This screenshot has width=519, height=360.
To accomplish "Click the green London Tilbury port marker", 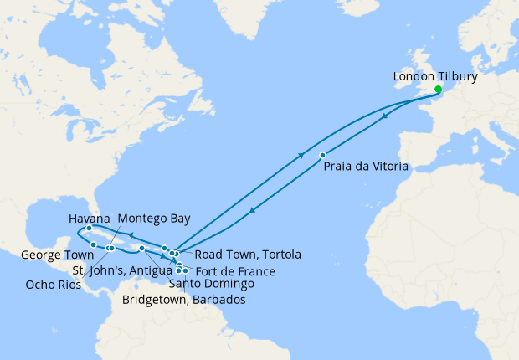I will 438,89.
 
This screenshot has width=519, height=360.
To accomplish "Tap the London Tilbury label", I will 435,77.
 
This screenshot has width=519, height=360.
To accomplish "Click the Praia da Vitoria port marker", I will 322,155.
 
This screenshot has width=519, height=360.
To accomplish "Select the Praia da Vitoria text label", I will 366,167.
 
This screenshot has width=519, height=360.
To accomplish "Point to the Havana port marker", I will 89,229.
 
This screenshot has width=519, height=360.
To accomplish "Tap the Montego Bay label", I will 154,218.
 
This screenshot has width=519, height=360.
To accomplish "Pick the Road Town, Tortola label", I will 241,255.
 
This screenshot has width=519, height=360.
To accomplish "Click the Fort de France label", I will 236,271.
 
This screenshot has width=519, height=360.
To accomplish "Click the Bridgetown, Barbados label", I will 184,300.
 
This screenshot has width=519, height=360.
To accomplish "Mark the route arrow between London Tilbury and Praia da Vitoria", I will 384,117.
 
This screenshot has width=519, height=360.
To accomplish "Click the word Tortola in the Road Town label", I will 279,255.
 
